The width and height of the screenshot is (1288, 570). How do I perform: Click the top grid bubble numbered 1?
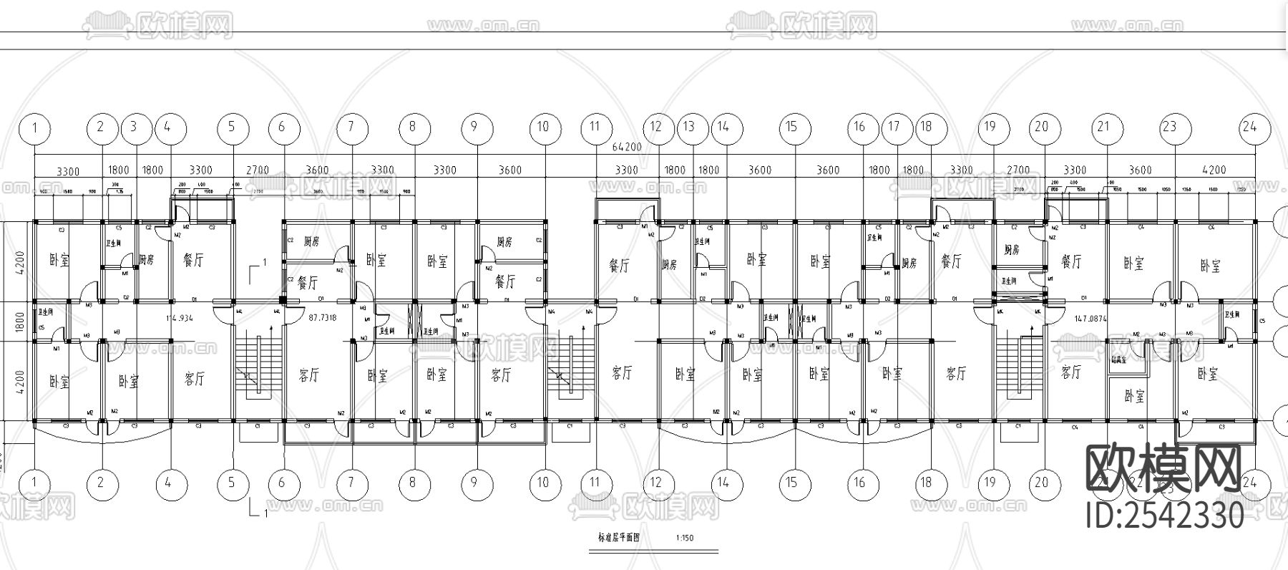pos(35,127)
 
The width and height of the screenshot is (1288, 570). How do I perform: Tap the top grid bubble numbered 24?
pos(1250,127)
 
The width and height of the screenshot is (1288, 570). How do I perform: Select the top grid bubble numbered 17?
pos(894,127)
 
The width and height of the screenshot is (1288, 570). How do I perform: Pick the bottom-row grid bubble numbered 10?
pos(543,483)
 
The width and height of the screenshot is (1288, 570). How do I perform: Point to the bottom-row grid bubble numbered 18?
pos(926,483)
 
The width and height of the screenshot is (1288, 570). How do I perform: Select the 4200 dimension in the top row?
pos(1214,170)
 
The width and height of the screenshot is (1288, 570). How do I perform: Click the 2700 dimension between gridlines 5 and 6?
pos(258,170)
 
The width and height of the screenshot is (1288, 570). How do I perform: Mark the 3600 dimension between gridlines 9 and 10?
pos(509,170)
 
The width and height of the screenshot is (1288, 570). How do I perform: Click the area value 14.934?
pos(180,316)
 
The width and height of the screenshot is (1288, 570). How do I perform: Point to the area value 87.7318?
pos(322,316)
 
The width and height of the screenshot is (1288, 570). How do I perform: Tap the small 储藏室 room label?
pos(1120,360)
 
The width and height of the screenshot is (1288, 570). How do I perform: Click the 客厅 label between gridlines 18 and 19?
pos(957,374)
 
